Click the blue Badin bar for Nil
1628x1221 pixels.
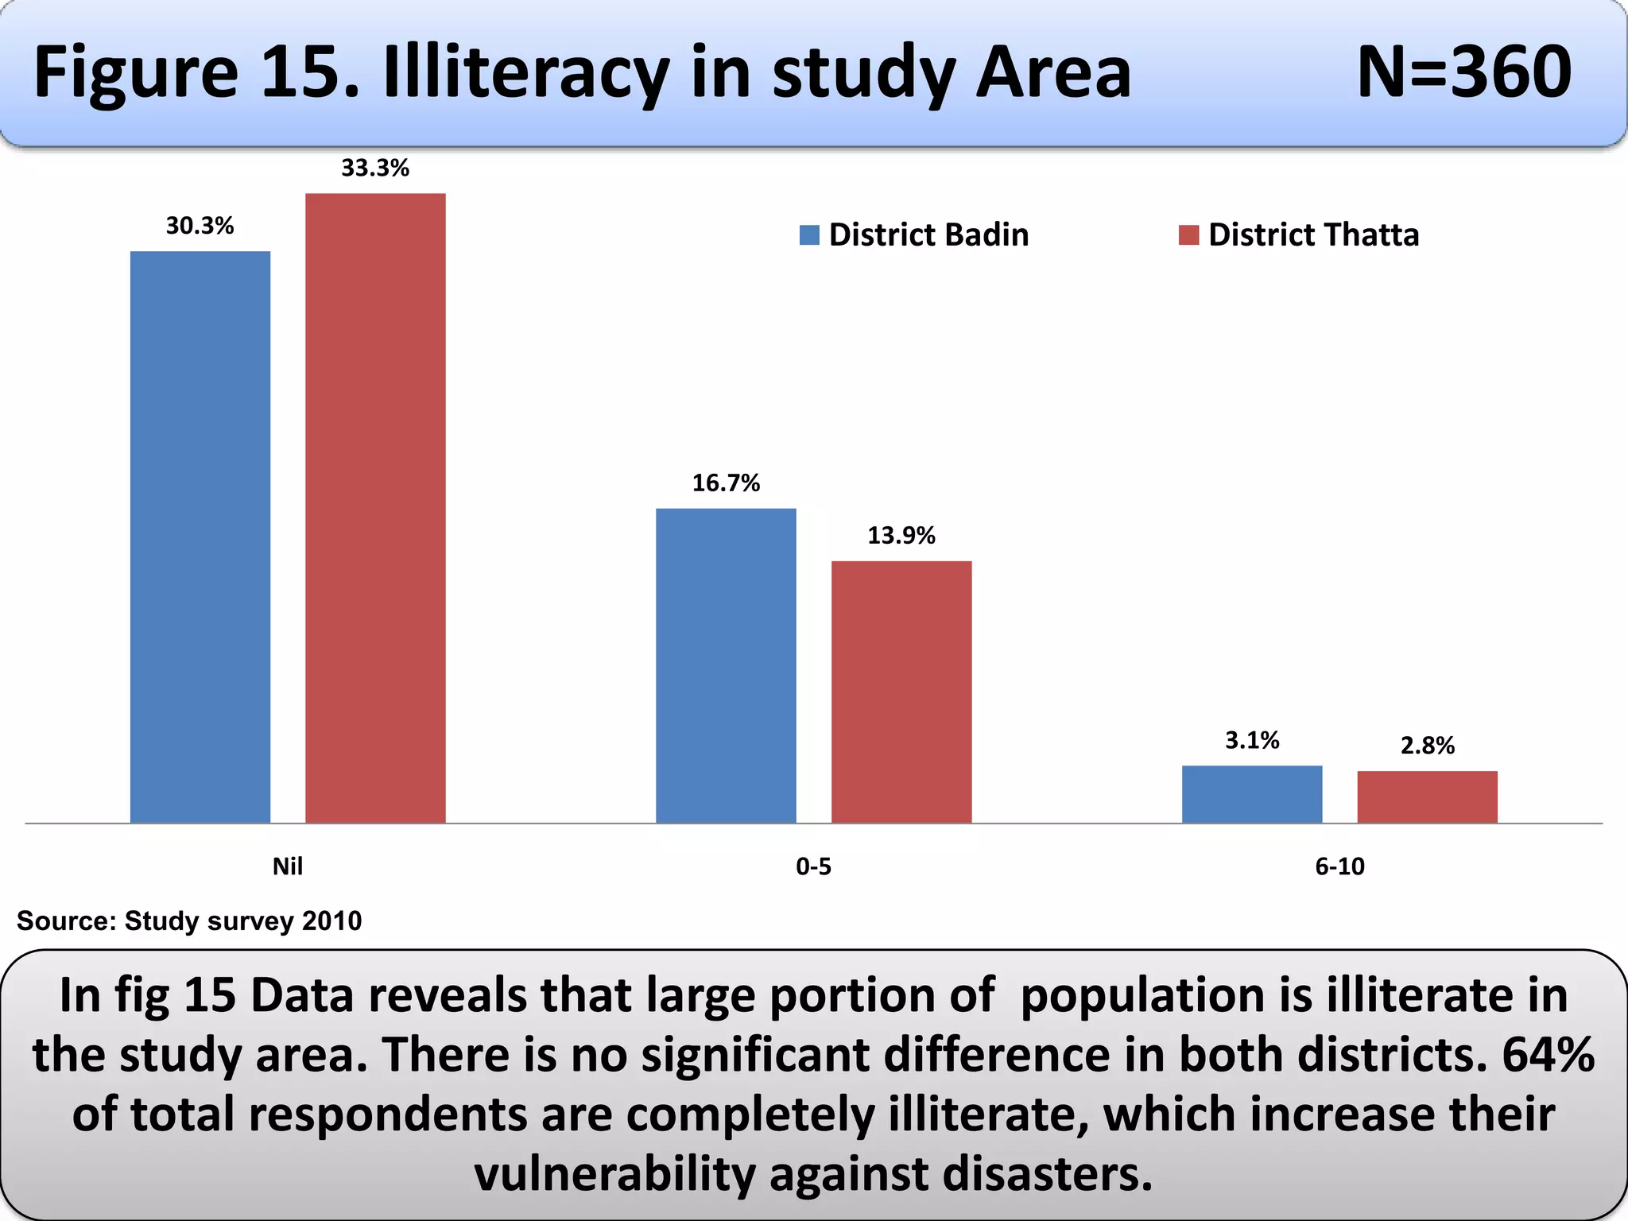pyautogui.click(x=200, y=537)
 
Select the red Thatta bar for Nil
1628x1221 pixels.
pyautogui.click(x=375, y=508)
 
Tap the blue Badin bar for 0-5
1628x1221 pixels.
pyautogui.click(x=726, y=665)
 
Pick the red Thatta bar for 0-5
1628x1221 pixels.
pyautogui.click(x=901, y=692)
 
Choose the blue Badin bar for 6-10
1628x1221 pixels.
pyautogui.click(x=1252, y=793)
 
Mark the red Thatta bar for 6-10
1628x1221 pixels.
pyautogui.click(x=1427, y=797)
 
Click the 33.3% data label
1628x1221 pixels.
pyautogui.click(x=375, y=168)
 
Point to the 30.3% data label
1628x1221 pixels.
pyautogui.click(x=200, y=226)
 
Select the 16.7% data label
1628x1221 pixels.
pyautogui.click(x=726, y=483)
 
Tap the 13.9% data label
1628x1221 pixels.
pyautogui.click(x=901, y=535)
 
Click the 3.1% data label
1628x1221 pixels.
pyautogui.click(x=1252, y=740)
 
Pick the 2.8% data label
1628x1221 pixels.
pyautogui.click(x=1427, y=746)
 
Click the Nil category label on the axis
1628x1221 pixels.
pyautogui.click(x=288, y=866)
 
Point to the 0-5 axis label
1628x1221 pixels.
pyautogui.click(x=813, y=866)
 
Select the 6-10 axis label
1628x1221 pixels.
pyautogui.click(x=1339, y=866)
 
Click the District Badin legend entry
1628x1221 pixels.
pyautogui.click(x=914, y=235)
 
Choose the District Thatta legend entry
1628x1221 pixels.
pyautogui.click(x=1299, y=235)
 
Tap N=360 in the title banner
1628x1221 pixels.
pyautogui.click(x=1463, y=72)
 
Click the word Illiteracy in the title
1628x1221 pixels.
pyautogui.click(x=527, y=72)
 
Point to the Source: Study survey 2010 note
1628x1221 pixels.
pyautogui.click(x=189, y=921)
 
